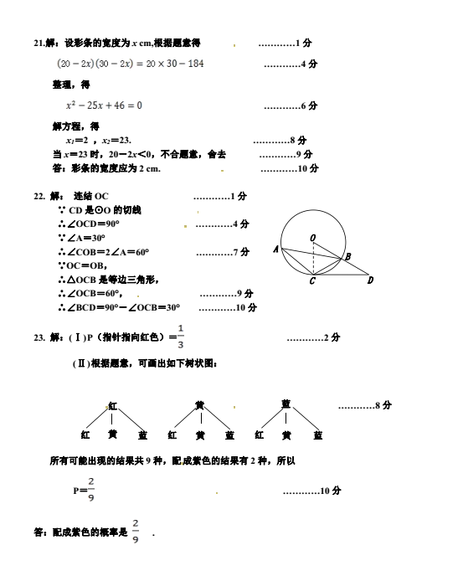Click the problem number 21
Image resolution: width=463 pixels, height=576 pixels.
[x=39, y=43]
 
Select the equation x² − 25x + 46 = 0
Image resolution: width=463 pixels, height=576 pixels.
[x=104, y=105]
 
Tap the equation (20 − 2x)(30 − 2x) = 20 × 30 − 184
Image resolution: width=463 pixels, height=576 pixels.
[x=131, y=64]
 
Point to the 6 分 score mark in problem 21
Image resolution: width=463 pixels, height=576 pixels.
[x=309, y=105]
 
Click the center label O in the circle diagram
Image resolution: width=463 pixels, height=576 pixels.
[x=312, y=238]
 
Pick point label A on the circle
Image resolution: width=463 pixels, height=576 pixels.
[x=276, y=249]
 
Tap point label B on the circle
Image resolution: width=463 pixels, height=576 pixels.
[x=347, y=256]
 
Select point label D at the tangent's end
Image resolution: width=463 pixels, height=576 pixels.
[x=370, y=280]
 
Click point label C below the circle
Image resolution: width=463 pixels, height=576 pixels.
[x=312, y=281]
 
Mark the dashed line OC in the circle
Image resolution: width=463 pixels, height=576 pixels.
[x=313, y=258]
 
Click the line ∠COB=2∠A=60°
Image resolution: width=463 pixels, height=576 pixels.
[x=104, y=252]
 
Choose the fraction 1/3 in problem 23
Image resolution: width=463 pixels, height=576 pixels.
[x=180, y=336]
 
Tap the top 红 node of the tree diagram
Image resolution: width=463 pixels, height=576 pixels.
[x=112, y=406]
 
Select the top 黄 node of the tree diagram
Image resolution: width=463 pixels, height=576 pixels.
[x=200, y=405]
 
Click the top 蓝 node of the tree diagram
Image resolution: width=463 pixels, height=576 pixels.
[x=286, y=404]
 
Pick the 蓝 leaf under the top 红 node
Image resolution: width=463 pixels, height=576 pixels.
[x=142, y=435]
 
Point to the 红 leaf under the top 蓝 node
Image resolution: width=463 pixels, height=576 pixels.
[x=259, y=435]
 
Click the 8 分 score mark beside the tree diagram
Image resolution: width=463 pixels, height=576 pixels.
[x=383, y=405]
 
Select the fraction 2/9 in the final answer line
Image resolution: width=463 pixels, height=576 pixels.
[x=136, y=531]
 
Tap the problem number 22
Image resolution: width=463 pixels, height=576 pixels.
[x=39, y=196]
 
